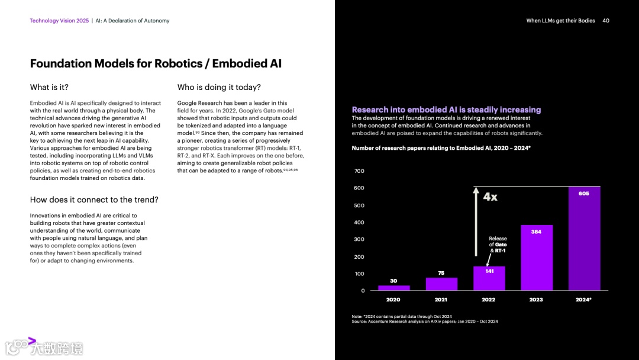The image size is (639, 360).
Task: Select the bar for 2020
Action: [x=393, y=288]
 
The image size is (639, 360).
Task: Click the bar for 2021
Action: [x=441, y=284]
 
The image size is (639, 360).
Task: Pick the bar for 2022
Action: [x=489, y=278]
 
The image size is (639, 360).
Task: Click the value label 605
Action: [x=584, y=194]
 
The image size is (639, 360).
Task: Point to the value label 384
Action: [x=536, y=232]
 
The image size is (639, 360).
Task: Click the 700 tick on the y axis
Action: [x=359, y=171]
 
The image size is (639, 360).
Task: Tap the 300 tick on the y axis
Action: [x=359, y=239]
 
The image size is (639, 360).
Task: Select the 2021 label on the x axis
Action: [x=441, y=300]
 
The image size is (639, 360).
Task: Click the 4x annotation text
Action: [x=490, y=197]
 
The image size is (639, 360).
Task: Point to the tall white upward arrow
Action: [x=475, y=222]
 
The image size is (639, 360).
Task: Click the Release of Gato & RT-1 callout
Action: [x=498, y=245]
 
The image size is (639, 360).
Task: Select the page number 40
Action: [x=606, y=21]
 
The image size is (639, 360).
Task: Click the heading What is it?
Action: [x=49, y=87]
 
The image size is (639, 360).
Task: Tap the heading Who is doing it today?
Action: [x=219, y=87]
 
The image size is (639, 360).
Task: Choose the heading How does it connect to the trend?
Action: [x=94, y=200]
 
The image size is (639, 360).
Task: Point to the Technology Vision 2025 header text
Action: [x=59, y=21]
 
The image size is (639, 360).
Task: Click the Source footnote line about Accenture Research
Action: [x=424, y=322]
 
